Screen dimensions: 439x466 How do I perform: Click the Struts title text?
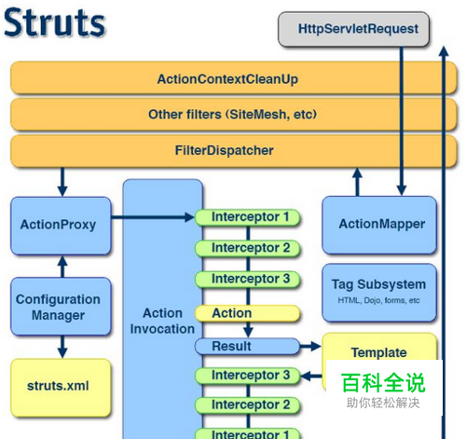tap(53, 24)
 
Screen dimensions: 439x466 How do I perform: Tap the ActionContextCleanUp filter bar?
tap(227, 79)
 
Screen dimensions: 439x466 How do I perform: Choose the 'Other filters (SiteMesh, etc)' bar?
tap(227, 115)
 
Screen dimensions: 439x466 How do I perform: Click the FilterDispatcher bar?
tap(227, 149)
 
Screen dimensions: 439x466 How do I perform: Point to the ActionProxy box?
tap(58, 225)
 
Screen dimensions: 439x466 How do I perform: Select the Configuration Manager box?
tap(58, 307)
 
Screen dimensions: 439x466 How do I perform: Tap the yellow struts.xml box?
tap(58, 384)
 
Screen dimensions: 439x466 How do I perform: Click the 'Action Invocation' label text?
tap(162, 321)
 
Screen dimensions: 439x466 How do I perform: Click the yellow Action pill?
tap(247, 313)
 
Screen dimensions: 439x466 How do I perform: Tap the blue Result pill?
tap(247, 346)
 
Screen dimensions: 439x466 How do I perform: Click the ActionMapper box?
tap(381, 225)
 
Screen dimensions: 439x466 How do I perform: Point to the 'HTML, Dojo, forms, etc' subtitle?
tap(378, 301)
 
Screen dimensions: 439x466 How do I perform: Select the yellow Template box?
tap(378, 353)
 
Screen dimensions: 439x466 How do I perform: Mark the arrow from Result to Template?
tap(311, 347)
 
